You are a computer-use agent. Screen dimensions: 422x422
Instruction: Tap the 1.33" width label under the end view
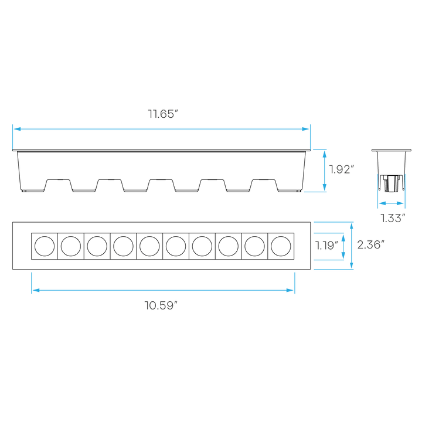click(392, 218)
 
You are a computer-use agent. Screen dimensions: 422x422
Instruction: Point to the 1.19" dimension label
click(326, 246)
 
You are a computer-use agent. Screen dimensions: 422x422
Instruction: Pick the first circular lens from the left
click(44, 246)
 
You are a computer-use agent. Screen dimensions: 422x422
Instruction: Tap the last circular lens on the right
click(280, 246)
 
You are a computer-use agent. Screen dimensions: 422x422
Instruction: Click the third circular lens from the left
click(97, 246)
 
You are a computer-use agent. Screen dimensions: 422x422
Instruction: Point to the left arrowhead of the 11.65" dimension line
click(15, 128)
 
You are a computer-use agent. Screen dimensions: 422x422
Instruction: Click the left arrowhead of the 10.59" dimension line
click(34, 289)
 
